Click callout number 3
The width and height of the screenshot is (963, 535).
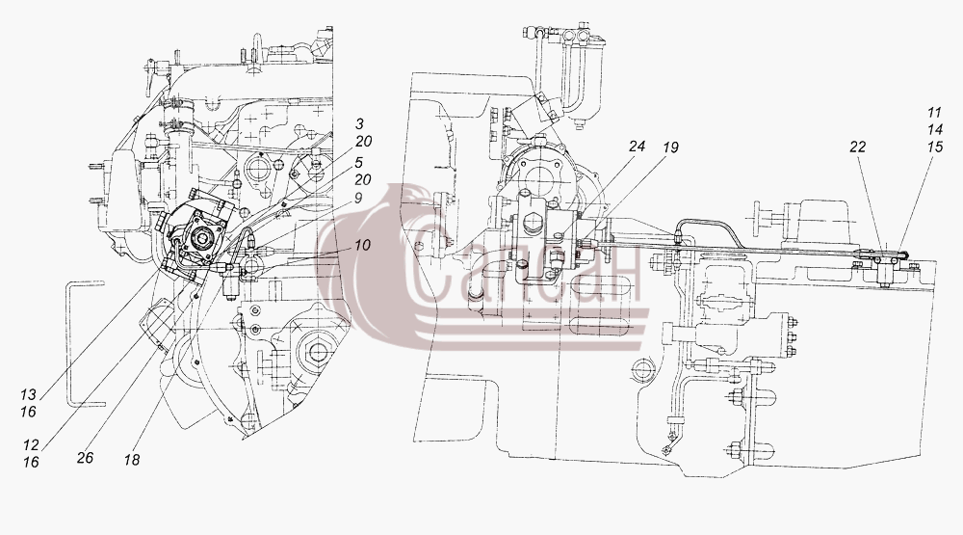pos(360,124)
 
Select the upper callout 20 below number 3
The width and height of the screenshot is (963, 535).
pos(363,142)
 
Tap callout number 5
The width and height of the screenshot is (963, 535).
pos(358,163)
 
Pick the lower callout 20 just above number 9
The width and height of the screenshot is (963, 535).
pos(363,179)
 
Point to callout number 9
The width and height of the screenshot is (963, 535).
pos(358,198)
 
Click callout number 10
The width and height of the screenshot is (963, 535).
pos(362,245)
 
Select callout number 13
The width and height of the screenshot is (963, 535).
pos(28,395)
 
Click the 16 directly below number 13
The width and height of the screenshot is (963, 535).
pos(28,412)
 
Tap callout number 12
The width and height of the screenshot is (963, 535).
pos(31,445)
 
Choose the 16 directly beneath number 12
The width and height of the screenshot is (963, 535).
pos(31,463)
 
